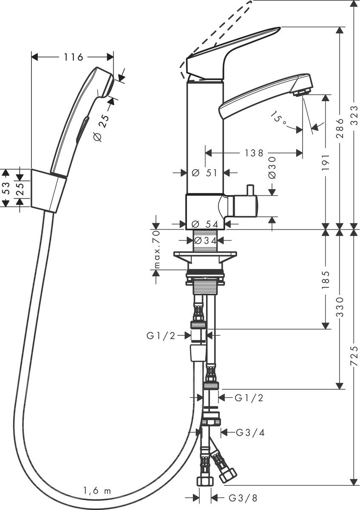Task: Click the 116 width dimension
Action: point(74,57)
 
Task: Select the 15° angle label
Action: point(279,117)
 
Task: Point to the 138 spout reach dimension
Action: point(254,153)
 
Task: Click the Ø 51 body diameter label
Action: point(205,173)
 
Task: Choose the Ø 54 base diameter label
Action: point(205,224)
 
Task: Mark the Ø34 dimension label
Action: point(206,241)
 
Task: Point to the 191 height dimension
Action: point(326,162)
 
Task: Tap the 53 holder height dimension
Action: point(6,188)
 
